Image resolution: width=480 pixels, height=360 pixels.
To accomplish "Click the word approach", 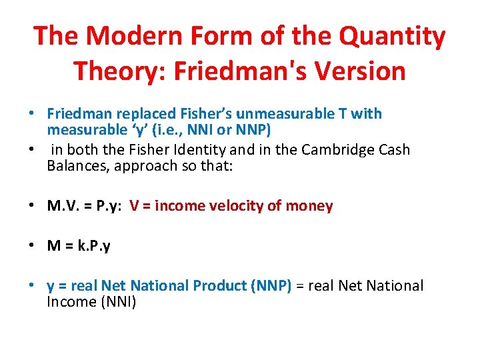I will (x=142, y=166).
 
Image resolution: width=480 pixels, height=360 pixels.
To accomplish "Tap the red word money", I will (x=309, y=206).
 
